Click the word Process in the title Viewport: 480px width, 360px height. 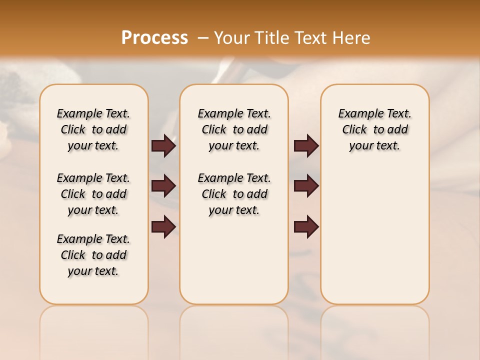(154, 37)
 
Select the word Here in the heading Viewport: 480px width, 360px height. (352, 37)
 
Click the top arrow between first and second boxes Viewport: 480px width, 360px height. (163, 145)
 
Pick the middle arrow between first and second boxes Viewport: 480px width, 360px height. (163, 186)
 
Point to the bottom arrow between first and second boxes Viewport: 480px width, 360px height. (163, 227)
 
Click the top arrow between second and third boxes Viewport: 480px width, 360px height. (306, 145)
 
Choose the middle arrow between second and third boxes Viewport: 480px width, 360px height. (306, 186)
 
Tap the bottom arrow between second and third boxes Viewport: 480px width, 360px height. (306, 227)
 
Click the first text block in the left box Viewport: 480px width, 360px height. (93, 129)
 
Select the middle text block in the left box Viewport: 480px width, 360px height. (93, 194)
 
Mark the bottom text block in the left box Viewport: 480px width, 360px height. (93, 255)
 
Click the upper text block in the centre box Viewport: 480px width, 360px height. (234, 129)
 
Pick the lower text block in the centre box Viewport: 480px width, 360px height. (234, 194)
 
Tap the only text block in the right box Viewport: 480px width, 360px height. (374, 129)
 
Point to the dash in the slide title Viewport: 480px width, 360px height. (203, 37)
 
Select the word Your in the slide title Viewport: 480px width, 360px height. (232, 37)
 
